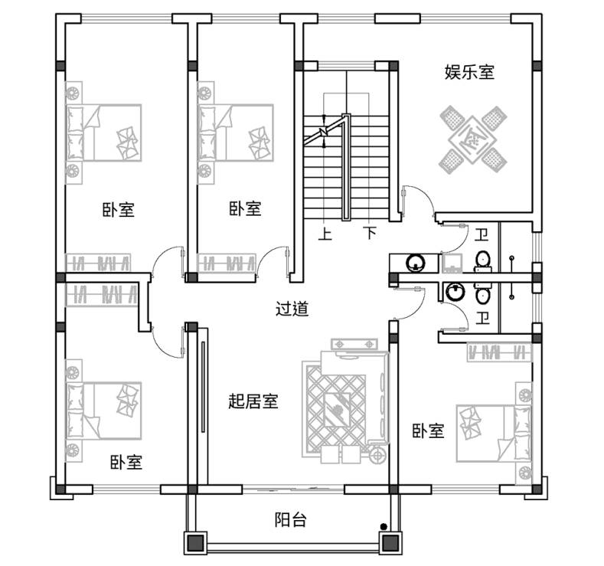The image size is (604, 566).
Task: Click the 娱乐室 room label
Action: pos(469,72)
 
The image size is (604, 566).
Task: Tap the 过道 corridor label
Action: pos(292,309)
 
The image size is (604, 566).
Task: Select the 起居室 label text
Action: pos(253,401)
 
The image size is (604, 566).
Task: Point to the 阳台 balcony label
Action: pos(291,519)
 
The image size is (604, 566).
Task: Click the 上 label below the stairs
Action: pos(325,234)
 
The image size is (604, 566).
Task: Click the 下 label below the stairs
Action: pos(371,233)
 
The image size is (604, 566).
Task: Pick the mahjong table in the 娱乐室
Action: pos(473,139)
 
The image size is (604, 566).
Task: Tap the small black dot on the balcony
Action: pos(384,526)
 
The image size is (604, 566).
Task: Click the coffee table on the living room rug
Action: pos(337,410)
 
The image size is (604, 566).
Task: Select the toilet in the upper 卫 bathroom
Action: pos(482,260)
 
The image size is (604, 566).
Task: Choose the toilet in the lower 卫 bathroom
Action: pos(482,293)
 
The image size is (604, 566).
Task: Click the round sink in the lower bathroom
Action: pos(455,292)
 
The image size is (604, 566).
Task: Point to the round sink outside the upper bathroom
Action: pos(416,263)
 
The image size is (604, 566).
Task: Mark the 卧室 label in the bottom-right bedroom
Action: pos(429,430)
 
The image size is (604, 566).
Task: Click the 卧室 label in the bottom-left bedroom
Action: pos(126,462)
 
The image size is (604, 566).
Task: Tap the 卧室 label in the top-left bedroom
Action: pos(118,210)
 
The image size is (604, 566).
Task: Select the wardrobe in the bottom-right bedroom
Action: pos(500,352)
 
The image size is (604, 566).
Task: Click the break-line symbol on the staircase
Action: pos(324,132)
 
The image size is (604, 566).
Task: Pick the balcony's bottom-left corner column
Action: pos(196,543)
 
